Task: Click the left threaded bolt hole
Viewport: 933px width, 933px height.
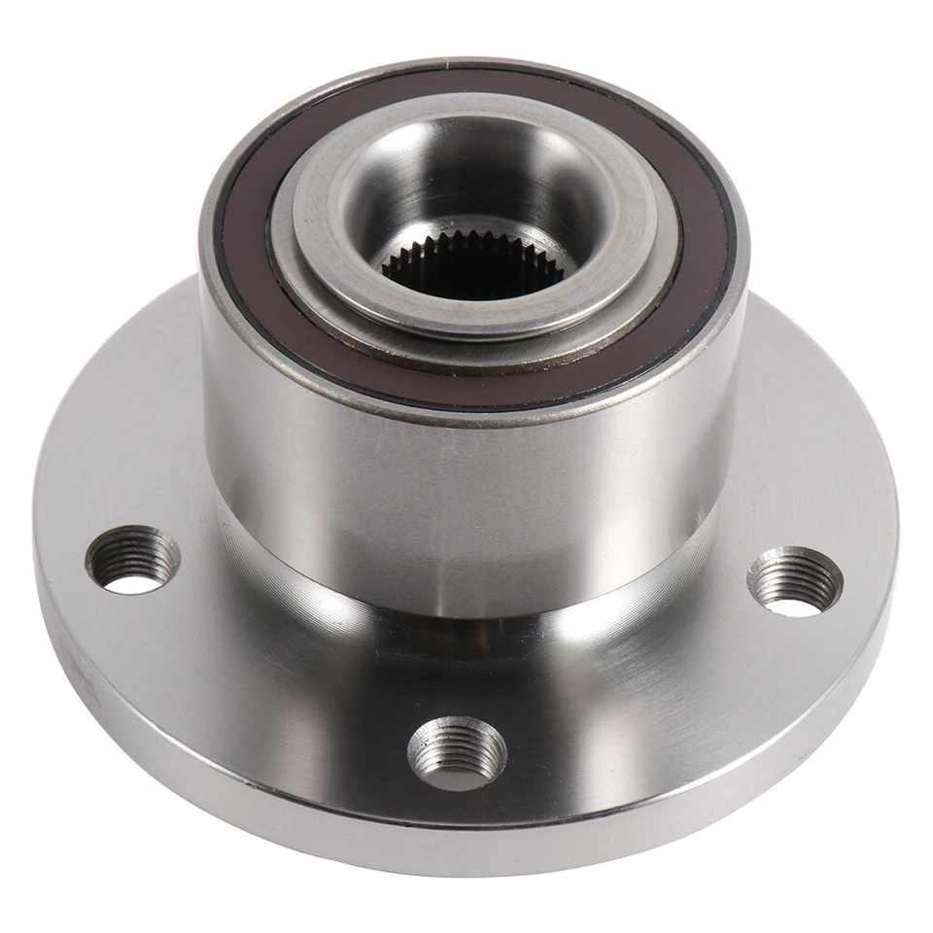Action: click(x=132, y=560)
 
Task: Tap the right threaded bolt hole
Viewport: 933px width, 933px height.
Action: click(x=794, y=581)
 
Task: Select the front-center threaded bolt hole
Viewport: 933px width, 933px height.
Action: click(x=457, y=753)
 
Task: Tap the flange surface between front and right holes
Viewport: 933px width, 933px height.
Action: click(x=641, y=700)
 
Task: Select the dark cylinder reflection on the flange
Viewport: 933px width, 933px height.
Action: click(x=466, y=661)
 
